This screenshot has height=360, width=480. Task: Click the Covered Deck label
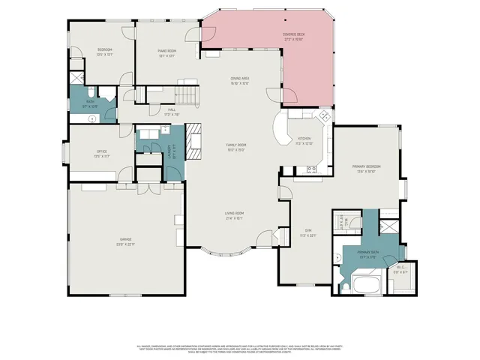click(x=293, y=36)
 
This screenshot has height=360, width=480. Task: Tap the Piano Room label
click(x=166, y=52)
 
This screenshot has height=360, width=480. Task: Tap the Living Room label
click(x=235, y=217)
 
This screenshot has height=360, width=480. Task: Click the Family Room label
click(x=236, y=146)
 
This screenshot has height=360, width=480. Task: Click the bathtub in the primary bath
click(x=367, y=285)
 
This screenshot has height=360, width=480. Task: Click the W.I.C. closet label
click(x=400, y=270)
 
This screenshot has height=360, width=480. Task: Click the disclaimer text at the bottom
click(x=239, y=349)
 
